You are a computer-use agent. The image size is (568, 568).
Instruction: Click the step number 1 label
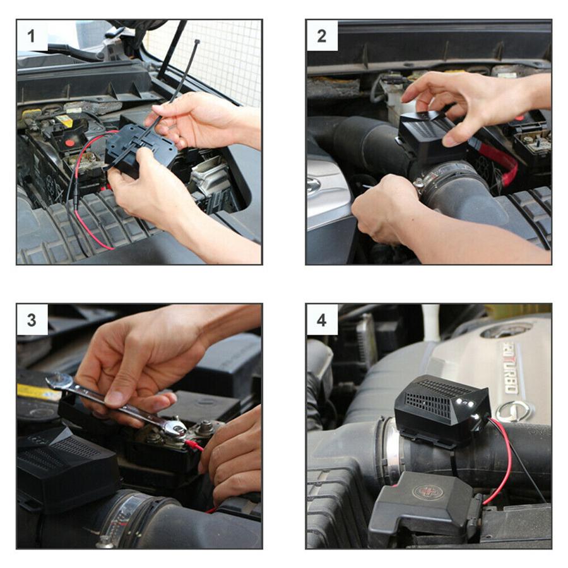point(32,35)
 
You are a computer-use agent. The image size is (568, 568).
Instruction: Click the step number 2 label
point(322,35)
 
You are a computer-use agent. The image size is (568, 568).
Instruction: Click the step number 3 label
point(32,319)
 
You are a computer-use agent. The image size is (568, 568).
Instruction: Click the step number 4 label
point(322,319)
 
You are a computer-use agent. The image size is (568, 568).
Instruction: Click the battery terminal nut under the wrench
point(177,430)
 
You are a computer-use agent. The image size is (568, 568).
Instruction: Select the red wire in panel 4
point(505,454)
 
